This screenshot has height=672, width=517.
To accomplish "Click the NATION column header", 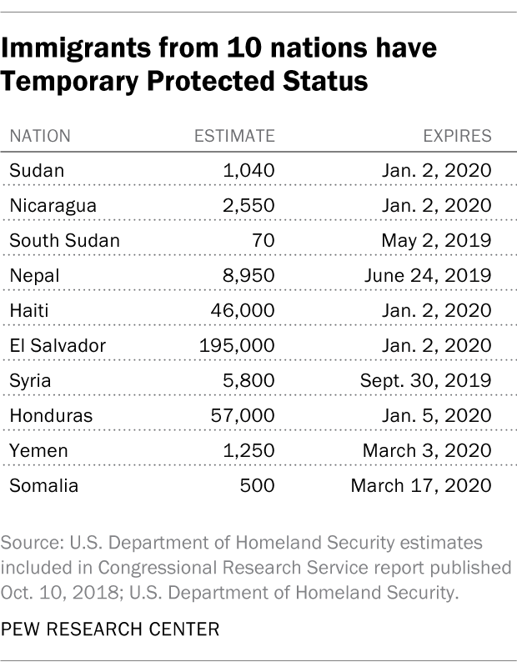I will click(40, 136).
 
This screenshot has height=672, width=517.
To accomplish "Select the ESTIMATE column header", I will click(233, 136).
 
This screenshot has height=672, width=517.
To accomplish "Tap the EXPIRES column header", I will click(459, 136).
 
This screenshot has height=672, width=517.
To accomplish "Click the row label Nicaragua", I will click(53, 206).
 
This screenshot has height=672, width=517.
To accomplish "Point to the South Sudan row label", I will click(64, 241).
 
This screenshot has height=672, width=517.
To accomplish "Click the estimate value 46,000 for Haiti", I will click(244, 310).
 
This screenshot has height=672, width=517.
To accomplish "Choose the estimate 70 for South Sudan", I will click(264, 241).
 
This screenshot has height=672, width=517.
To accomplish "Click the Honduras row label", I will click(51, 415).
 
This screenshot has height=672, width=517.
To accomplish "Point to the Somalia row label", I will click(43, 485).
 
